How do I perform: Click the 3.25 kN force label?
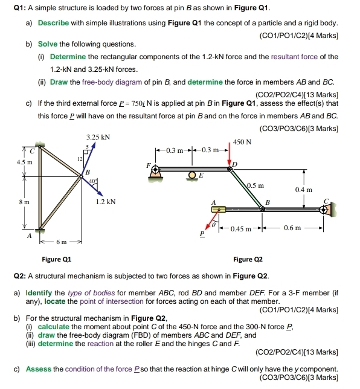click(98, 137)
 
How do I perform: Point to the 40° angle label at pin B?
click(92, 179)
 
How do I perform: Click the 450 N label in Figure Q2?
click(242, 143)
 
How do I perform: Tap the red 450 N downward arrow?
click(230, 155)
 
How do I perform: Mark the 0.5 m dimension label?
click(256, 185)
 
